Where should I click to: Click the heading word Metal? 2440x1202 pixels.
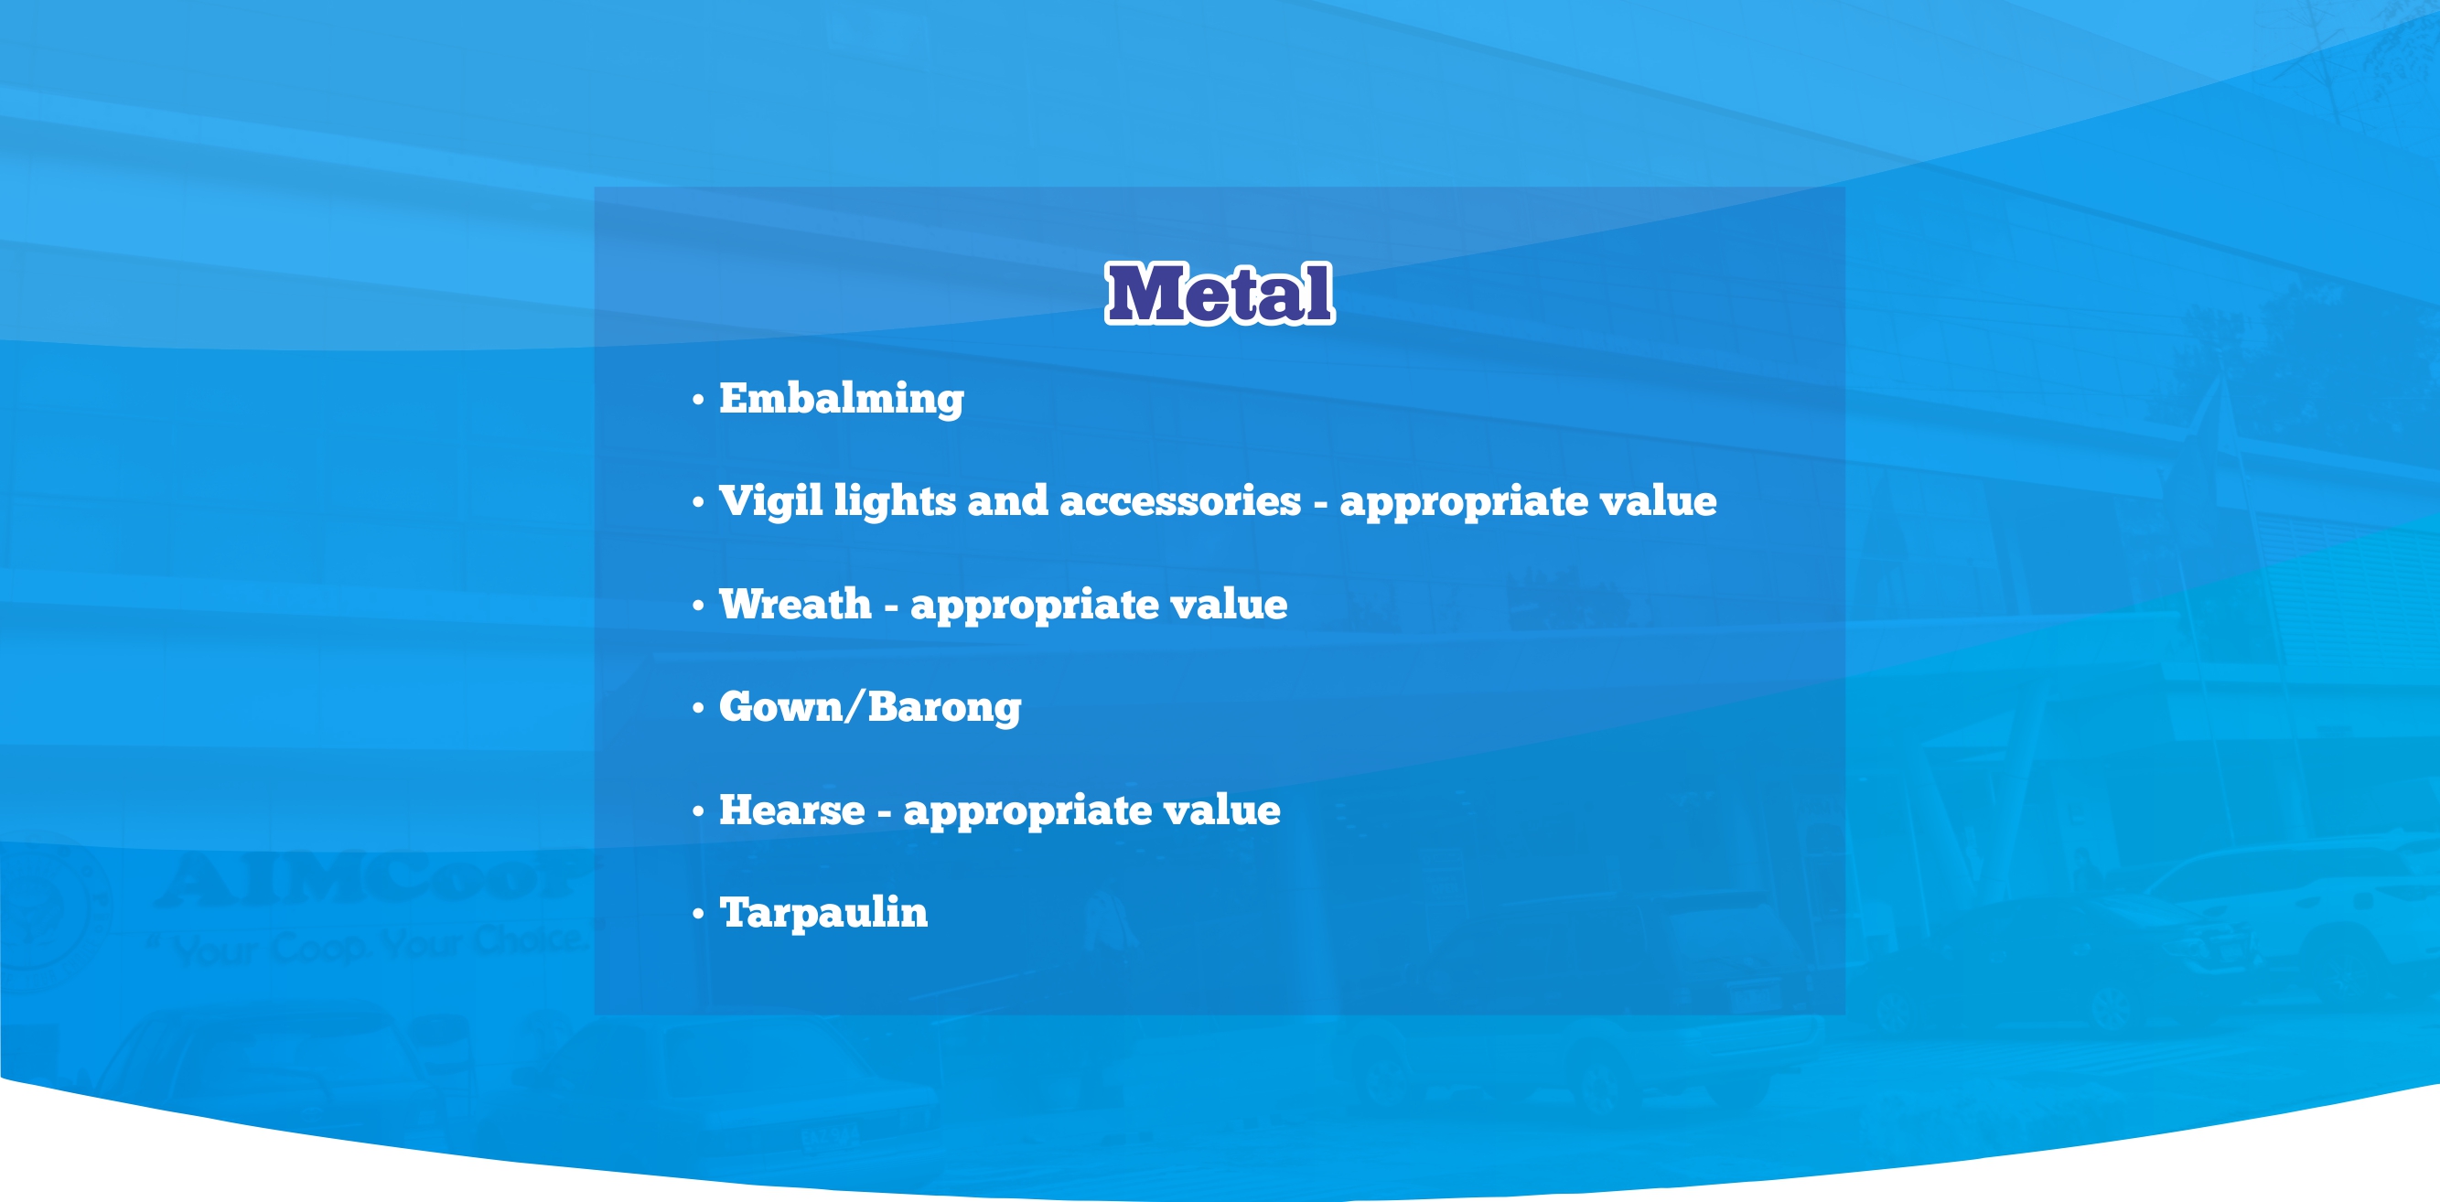1220,294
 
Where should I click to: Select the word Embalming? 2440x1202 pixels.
841,399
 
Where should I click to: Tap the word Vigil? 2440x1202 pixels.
770,501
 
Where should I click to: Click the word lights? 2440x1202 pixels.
894,501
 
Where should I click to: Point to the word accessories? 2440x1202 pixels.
1179,501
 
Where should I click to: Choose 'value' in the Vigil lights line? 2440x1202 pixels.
1658,501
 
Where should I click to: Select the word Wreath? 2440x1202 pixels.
795,605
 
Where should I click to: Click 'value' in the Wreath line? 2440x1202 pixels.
1229,605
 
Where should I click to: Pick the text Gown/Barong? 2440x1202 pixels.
869,707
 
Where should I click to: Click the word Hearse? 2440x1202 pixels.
792,810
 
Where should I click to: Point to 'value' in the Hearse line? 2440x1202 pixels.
1221,810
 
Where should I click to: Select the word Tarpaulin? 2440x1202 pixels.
823,913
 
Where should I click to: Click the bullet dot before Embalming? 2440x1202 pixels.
698,400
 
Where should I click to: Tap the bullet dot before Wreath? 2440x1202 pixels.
698,606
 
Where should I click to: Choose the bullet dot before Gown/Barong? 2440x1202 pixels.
698,709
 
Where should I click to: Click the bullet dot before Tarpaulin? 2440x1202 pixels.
698,914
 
